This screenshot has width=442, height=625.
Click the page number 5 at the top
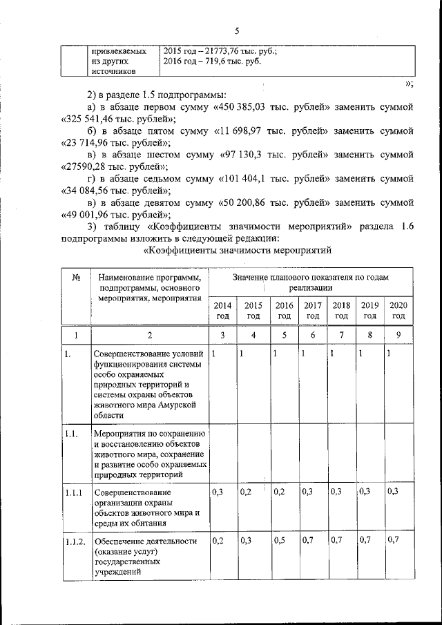click(236, 31)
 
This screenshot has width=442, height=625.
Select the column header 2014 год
click(222, 310)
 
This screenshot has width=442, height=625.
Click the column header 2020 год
click(398, 310)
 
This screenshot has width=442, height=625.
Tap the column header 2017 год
click(313, 310)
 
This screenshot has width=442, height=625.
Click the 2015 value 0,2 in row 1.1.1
click(246, 492)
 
